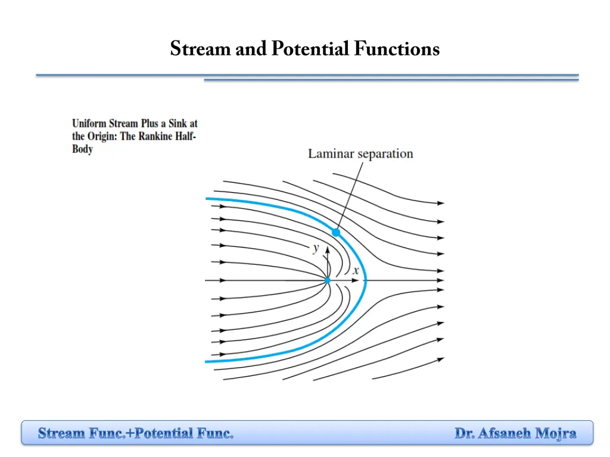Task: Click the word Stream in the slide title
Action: click(201, 49)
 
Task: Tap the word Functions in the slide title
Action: click(396, 49)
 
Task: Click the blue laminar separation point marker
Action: click(336, 233)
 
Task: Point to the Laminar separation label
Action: click(360, 154)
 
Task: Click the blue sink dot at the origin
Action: click(327, 280)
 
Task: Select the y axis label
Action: click(316, 248)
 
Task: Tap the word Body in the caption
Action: click(82, 149)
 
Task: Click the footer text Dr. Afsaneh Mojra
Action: click(515, 433)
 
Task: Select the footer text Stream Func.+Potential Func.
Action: click(136, 433)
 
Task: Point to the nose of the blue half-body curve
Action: click(366, 280)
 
